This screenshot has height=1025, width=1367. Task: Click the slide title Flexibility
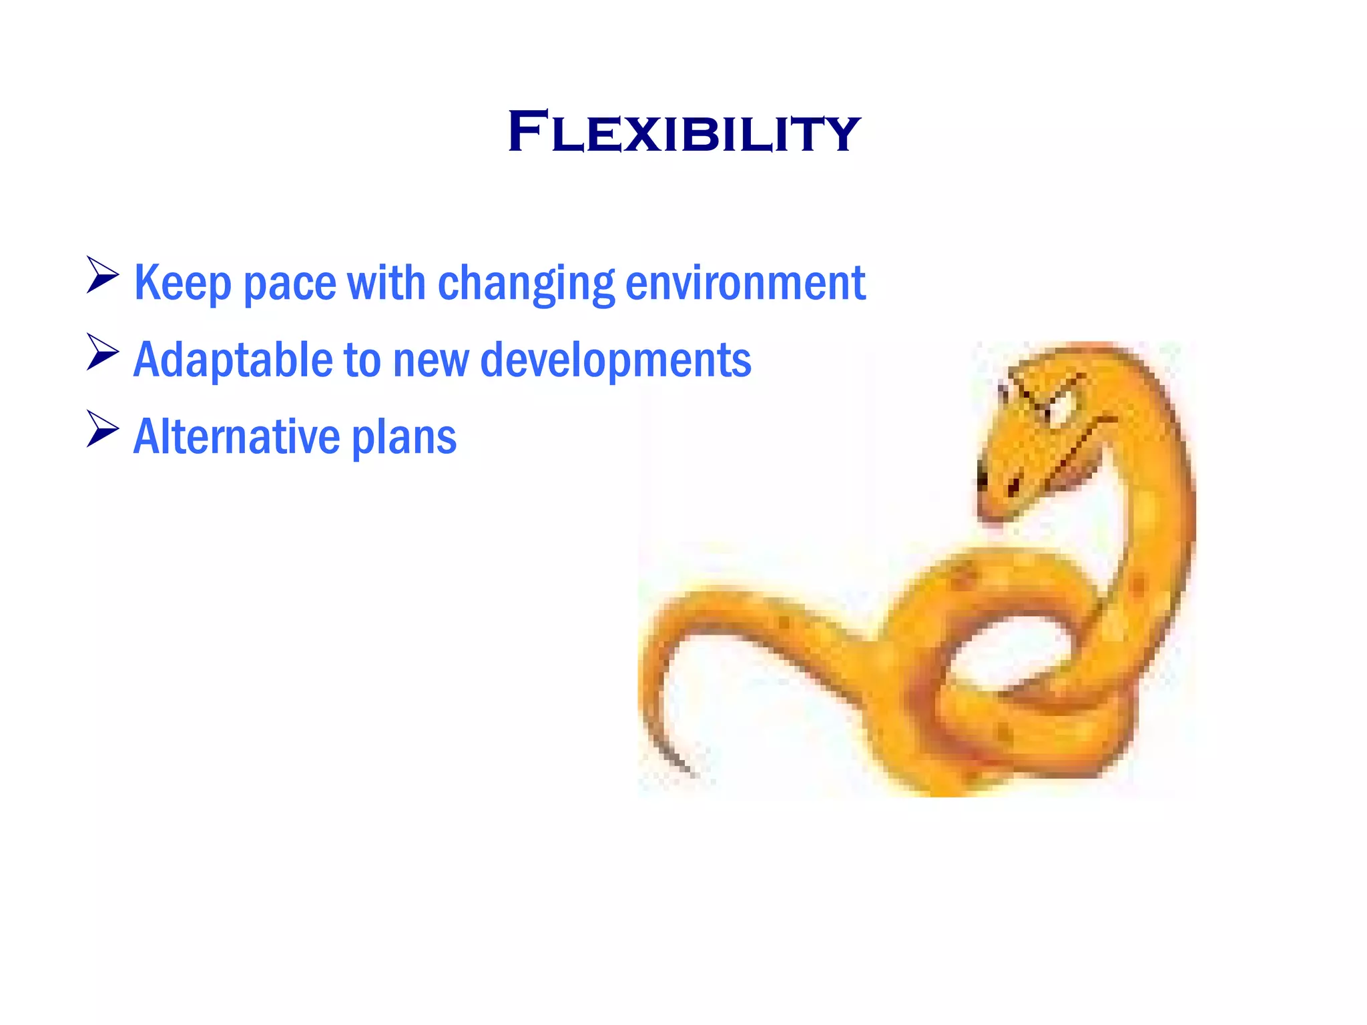click(683, 132)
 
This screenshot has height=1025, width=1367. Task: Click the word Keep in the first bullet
click(182, 283)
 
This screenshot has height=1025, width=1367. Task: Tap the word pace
click(290, 283)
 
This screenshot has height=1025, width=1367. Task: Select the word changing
click(525, 283)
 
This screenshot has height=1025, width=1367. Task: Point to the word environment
click(746, 283)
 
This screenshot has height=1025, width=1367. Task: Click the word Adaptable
click(233, 360)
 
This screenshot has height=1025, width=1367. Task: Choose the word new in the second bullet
click(431, 360)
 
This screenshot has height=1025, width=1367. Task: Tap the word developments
click(615, 360)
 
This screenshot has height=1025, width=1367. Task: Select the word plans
click(404, 437)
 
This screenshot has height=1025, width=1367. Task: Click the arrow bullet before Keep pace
click(103, 275)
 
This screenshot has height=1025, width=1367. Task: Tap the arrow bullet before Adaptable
click(103, 352)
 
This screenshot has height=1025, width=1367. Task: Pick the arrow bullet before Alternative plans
click(103, 429)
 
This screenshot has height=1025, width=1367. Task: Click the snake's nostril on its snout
click(1013, 486)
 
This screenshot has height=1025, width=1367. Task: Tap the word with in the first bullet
click(386, 283)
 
